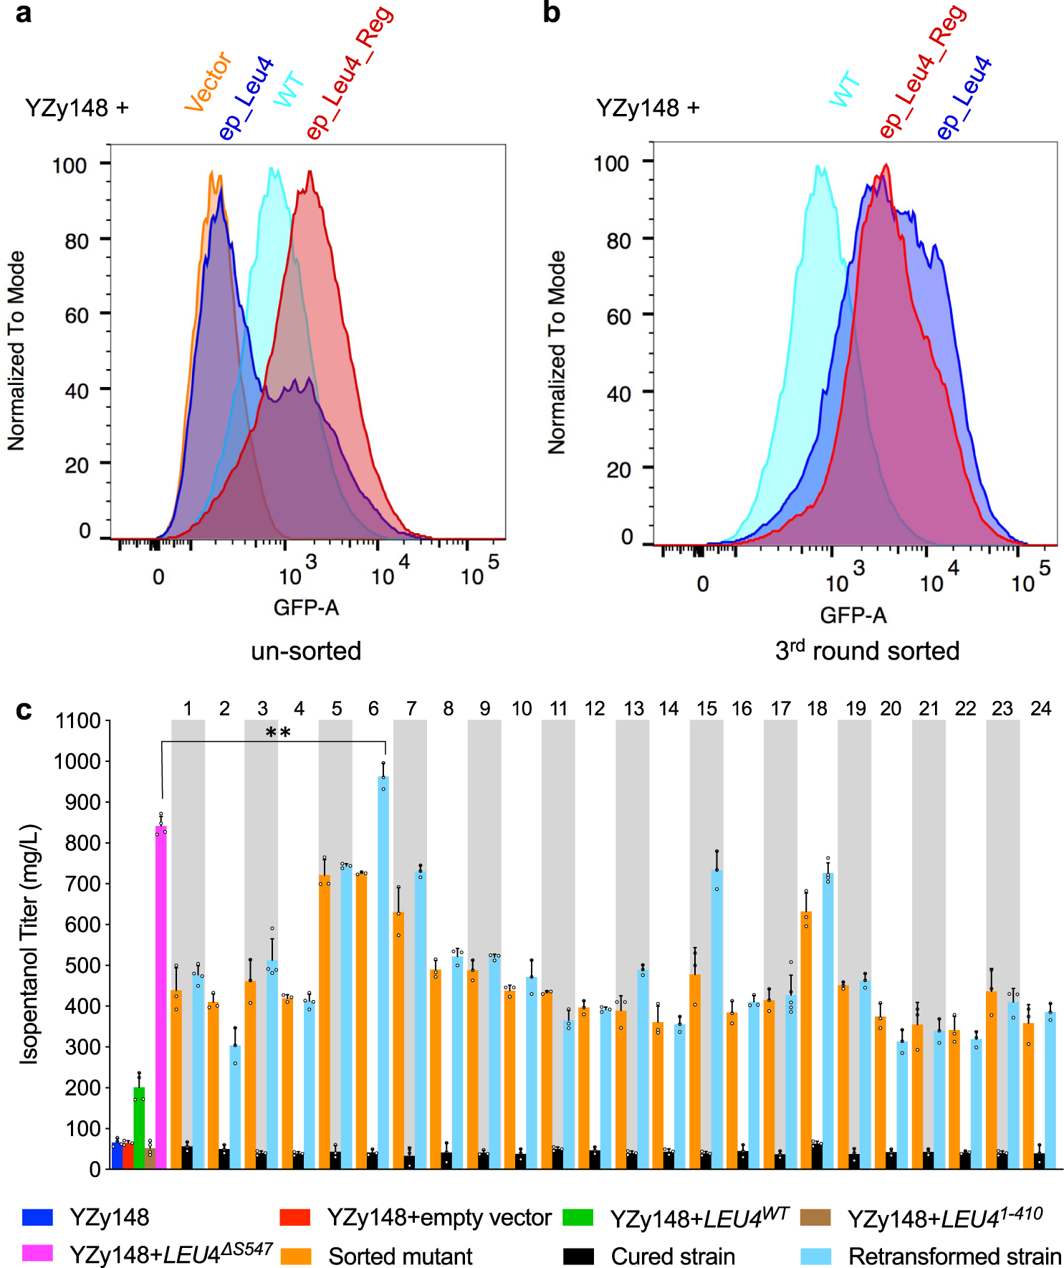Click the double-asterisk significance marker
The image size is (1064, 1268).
coord(278,733)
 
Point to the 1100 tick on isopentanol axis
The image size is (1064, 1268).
coord(79,721)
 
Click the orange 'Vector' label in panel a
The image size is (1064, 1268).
coord(208,82)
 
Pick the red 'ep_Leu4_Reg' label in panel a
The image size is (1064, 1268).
coord(350,72)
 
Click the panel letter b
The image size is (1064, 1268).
coord(551,13)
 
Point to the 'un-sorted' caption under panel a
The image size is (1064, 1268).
coord(306,651)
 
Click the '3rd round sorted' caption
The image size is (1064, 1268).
coord(867,651)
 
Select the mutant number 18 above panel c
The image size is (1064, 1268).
coord(817,709)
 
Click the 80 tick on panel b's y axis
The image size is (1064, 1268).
coord(618,240)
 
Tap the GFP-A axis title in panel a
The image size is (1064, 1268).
coord(306,608)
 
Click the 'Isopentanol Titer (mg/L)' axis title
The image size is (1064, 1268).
coord(29,945)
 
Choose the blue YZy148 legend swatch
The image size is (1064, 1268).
coord(37,1217)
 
